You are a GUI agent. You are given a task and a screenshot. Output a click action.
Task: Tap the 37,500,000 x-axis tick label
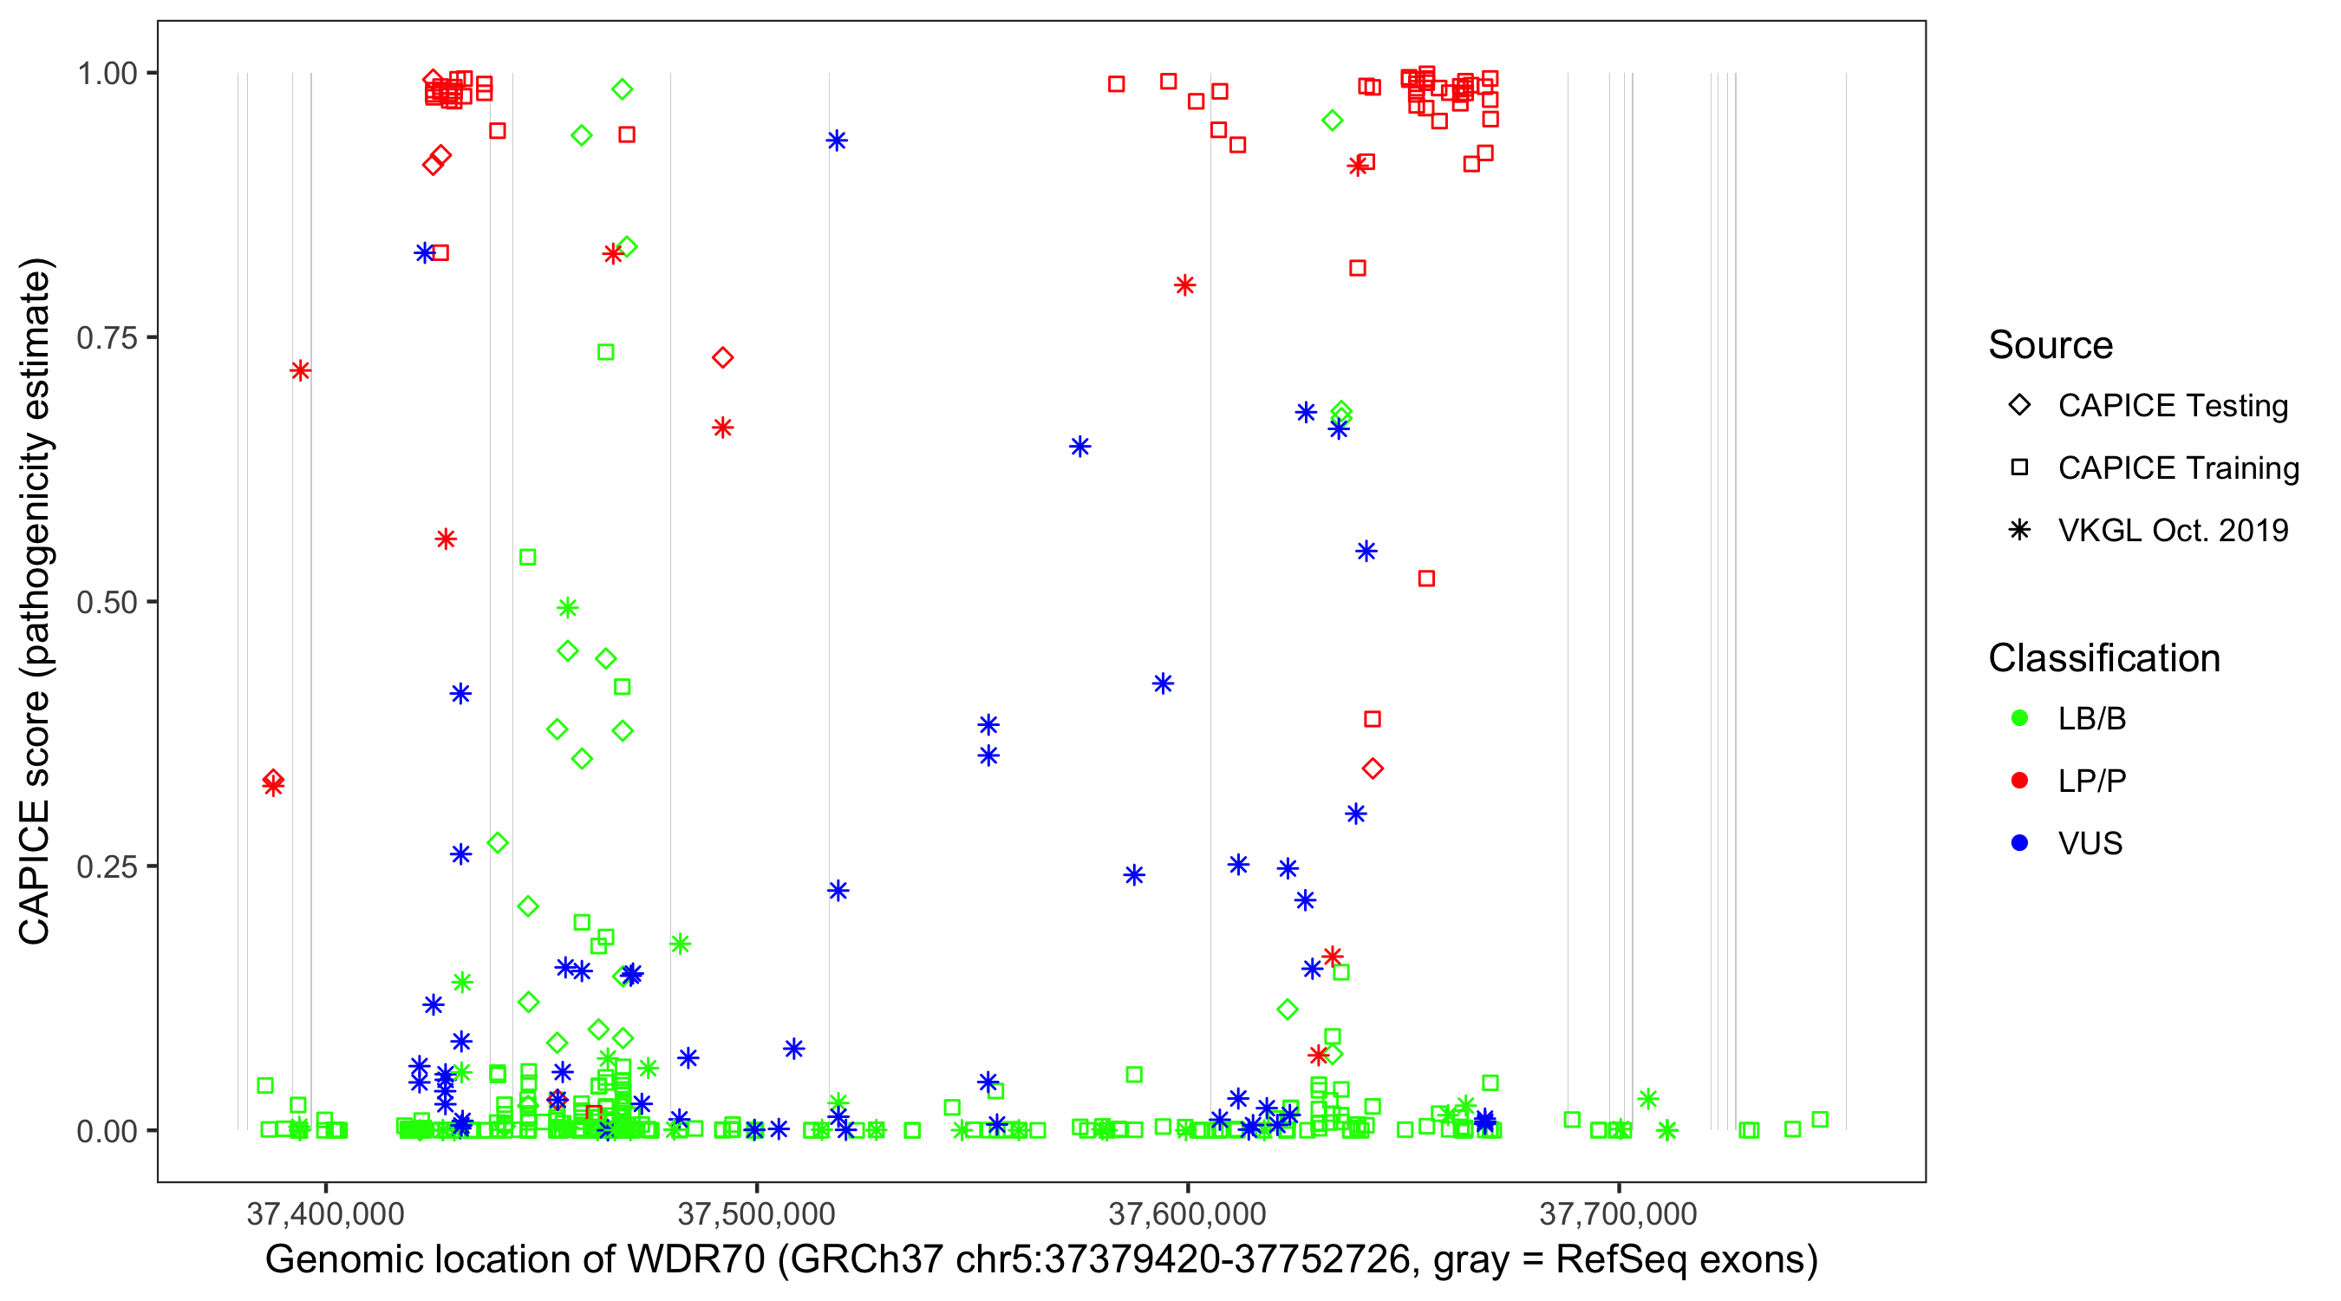[x=756, y=1213]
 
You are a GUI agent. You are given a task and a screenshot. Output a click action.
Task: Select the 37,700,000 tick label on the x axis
[x=1618, y=1213]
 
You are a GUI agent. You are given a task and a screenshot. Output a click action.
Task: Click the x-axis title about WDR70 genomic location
[x=1041, y=1260]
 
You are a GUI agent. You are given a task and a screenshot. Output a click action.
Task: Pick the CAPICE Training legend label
[x=2178, y=468]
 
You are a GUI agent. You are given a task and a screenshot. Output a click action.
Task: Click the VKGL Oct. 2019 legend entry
[x=2172, y=531]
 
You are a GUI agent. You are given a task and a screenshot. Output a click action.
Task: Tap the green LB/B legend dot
[x=2019, y=718]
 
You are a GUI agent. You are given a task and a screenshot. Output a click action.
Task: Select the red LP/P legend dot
[x=2019, y=781]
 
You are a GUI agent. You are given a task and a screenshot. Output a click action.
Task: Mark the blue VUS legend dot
[x=2019, y=844]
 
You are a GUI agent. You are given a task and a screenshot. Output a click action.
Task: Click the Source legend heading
[x=2051, y=345]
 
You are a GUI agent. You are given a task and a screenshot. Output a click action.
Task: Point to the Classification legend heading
[x=2103, y=658]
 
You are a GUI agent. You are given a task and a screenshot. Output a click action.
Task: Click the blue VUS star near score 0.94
[x=837, y=141]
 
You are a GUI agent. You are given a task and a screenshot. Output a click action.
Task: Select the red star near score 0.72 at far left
[x=300, y=371]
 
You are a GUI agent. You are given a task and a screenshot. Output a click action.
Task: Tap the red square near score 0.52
[x=1427, y=579]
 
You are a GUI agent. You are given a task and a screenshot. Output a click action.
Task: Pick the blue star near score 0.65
[x=1079, y=447]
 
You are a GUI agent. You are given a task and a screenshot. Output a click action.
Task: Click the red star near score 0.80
[x=1184, y=285]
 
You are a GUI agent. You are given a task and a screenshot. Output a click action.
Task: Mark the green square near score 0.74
[x=606, y=352]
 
